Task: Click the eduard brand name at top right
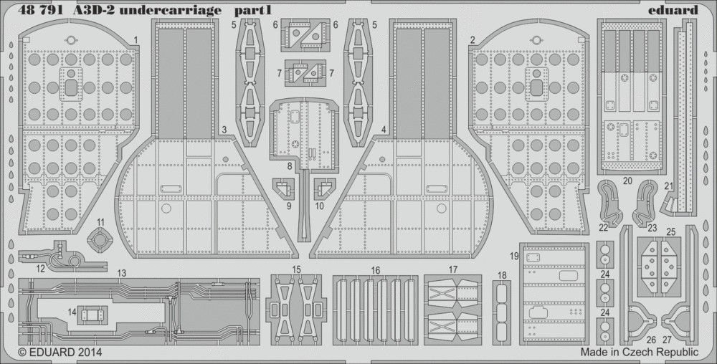coord(678,10)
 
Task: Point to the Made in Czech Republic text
coord(640,353)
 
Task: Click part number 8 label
coord(290,167)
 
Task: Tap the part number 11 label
coord(100,222)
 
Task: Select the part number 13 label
coord(121,273)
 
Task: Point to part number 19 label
coord(514,257)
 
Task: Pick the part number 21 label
coord(669,186)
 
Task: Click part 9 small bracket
coord(283,189)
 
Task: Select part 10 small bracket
coord(325,189)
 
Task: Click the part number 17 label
coord(452,269)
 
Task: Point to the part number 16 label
coord(376,271)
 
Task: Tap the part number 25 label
coord(671,232)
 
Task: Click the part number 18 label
coord(502,275)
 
